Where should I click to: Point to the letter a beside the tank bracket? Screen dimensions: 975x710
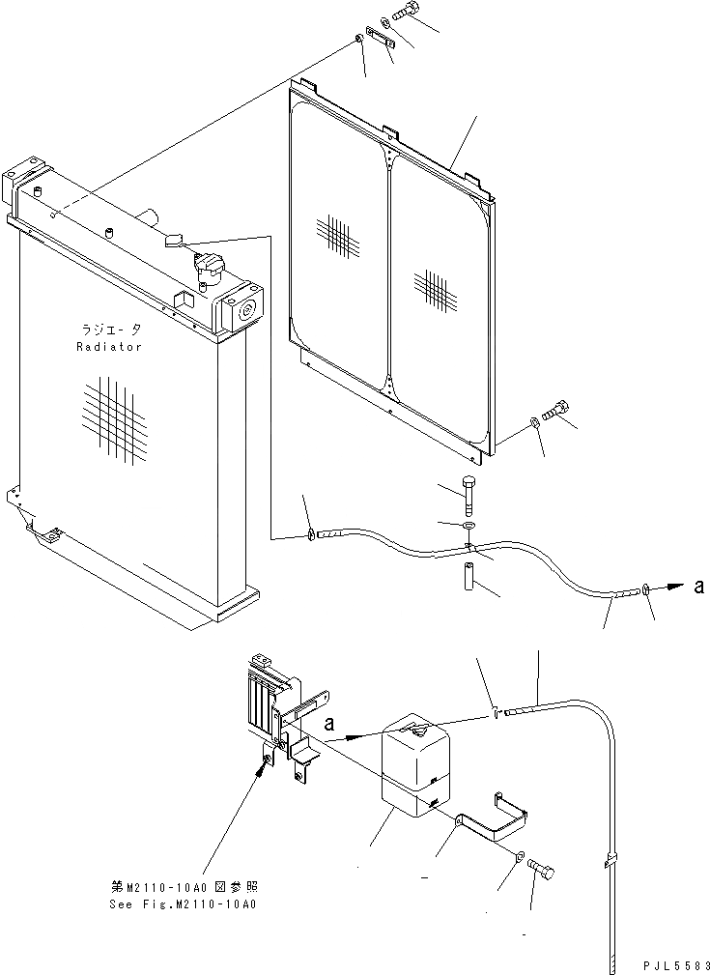click(331, 723)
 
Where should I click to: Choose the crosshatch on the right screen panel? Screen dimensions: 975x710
click(434, 287)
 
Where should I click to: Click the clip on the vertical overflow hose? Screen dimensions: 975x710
click(612, 859)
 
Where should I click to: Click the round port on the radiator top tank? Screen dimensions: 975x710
click(242, 310)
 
